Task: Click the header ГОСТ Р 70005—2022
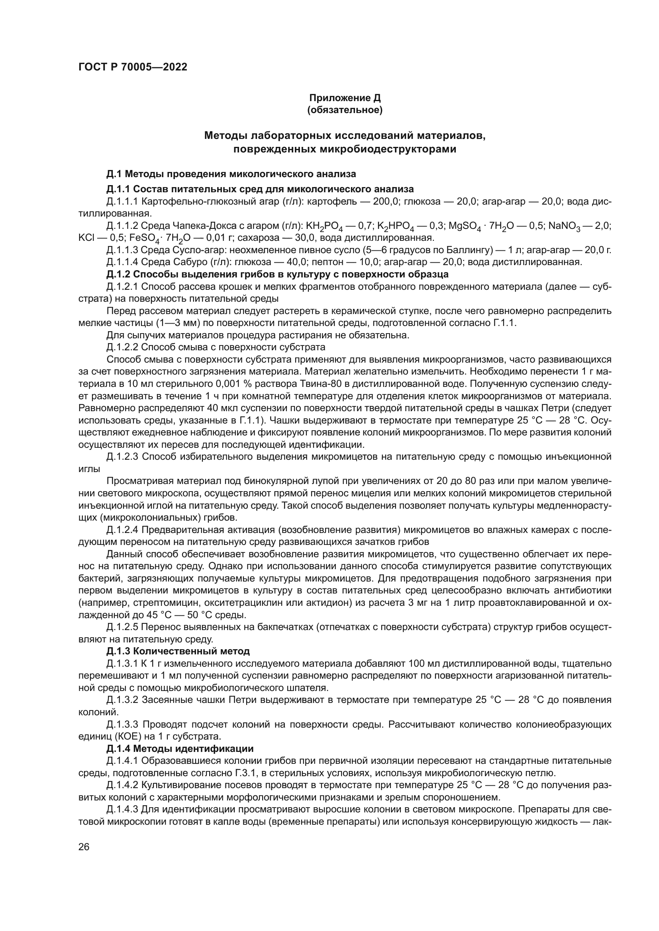coord(133,67)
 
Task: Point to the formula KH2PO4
coord(325,226)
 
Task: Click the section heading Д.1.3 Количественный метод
coord(178,651)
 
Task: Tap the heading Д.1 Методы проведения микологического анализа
coord(231,174)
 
